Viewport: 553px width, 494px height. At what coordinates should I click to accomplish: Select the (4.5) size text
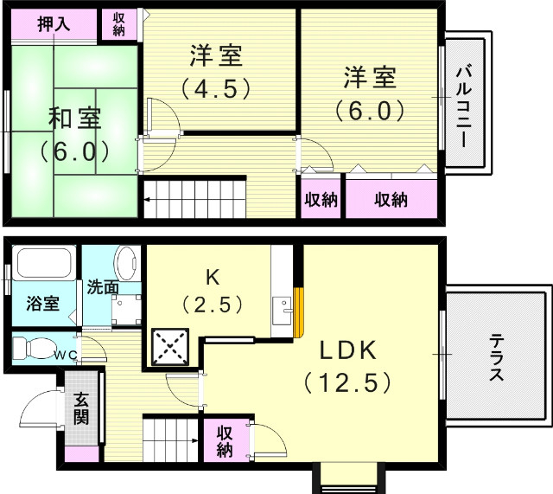click(215, 87)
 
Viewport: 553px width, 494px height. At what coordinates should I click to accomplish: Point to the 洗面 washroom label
click(102, 286)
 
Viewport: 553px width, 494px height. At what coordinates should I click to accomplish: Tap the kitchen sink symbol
click(282, 307)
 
